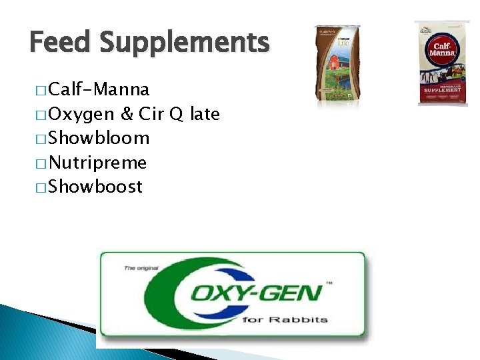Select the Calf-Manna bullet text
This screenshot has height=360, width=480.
(99, 89)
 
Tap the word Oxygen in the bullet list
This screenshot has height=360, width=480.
(82, 115)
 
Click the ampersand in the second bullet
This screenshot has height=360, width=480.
(127, 114)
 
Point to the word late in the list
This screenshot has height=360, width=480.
(205, 114)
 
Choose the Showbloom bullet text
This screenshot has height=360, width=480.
(99, 139)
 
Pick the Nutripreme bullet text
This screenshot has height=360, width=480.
(98, 163)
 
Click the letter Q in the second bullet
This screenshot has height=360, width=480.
(176, 115)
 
